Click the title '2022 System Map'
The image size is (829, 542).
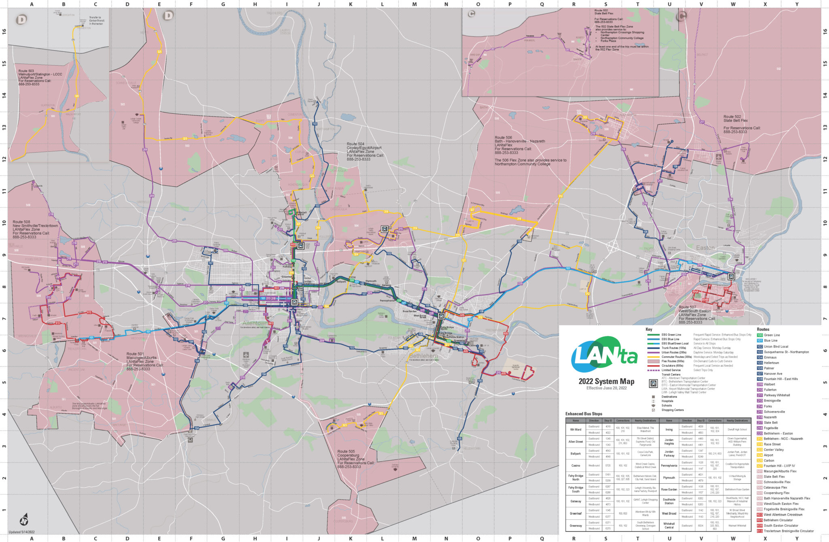point(606,381)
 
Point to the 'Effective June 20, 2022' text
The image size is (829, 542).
point(606,388)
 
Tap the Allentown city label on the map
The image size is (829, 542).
point(255,323)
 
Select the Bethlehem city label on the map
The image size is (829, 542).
point(423,356)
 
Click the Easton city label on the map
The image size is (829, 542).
point(705,248)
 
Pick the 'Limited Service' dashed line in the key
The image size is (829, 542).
point(653,370)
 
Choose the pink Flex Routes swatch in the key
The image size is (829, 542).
point(653,361)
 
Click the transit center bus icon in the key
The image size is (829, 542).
point(653,384)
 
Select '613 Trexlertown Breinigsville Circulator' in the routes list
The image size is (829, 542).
point(789,531)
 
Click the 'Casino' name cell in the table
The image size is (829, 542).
point(576,465)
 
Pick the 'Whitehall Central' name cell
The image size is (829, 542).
point(669,525)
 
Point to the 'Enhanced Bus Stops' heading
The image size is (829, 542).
point(584,414)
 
